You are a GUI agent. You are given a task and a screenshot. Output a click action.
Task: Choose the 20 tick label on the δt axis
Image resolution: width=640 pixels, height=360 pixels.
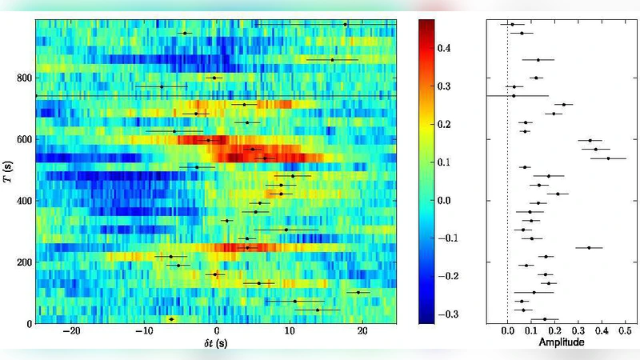[x=362, y=334]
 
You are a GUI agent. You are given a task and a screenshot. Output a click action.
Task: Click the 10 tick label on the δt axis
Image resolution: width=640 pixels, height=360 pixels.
[x=290, y=334]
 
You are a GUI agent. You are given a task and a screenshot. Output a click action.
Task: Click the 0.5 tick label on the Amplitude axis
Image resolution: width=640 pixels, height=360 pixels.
[x=625, y=330]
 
